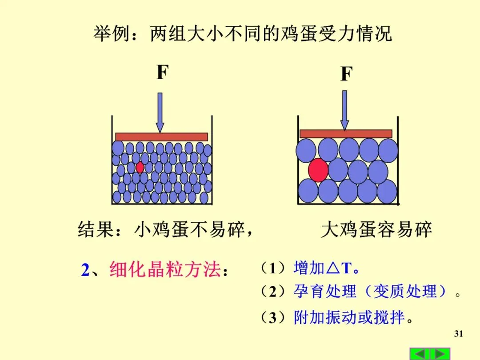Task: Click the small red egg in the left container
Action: point(140,167)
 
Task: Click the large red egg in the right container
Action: point(318,170)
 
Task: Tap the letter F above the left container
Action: point(162,72)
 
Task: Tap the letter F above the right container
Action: point(346,74)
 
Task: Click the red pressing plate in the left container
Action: point(161,137)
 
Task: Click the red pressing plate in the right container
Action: point(346,133)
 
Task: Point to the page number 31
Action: point(459,334)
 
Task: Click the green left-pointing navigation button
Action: point(420,354)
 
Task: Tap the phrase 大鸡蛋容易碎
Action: point(376,230)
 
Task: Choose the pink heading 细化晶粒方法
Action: point(165,270)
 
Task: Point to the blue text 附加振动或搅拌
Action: point(349,318)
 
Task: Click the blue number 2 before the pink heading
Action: point(85,270)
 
